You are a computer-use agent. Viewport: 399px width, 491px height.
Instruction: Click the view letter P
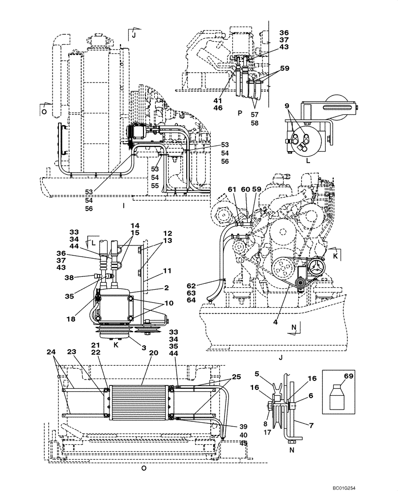[x=240, y=113]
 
